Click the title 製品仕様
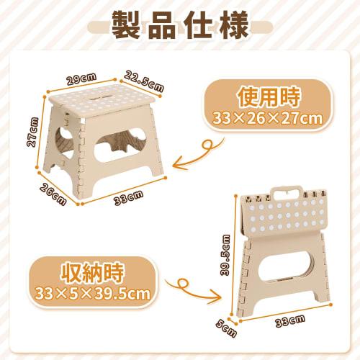point(179,26)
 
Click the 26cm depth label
point(53,194)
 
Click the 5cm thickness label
point(229,329)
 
